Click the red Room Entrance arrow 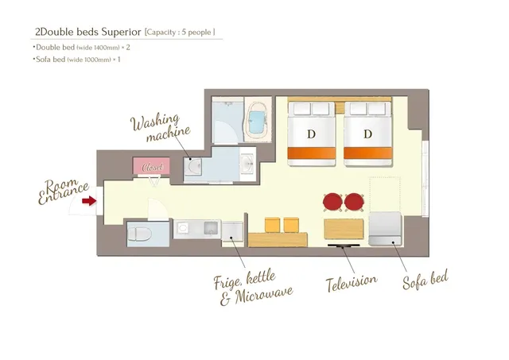(x=89, y=201)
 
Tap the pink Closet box (x=151, y=166)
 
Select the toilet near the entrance (x=140, y=234)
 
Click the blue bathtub (x=258, y=122)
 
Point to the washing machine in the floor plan (x=192, y=167)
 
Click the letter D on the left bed (x=311, y=134)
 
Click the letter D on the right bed (x=367, y=134)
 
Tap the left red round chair (x=332, y=202)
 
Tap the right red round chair (x=354, y=202)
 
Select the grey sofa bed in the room (x=385, y=228)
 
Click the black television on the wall (x=344, y=246)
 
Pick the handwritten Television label (x=352, y=283)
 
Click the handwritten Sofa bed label (x=425, y=280)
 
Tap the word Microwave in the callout (x=263, y=295)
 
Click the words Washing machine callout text (x=161, y=127)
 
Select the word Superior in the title (x=121, y=32)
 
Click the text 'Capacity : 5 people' (x=180, y=32)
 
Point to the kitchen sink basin (x=211, y=228)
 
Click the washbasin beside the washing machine (x=248, y=165)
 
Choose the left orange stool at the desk (x=272, y=225)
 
